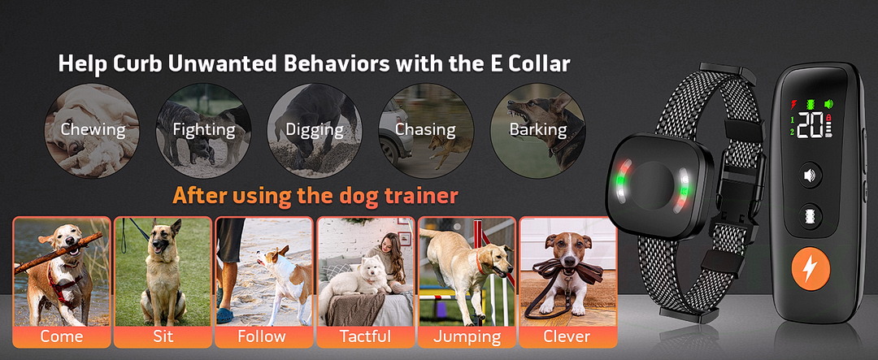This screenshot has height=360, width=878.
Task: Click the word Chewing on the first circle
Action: pos(93,130)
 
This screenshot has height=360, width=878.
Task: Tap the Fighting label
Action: pos(204,130)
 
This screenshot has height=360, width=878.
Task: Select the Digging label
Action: pos(314,130)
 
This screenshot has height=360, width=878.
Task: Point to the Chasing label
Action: pos(425,130)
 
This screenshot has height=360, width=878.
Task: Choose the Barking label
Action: pos(537,130)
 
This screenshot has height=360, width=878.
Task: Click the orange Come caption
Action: pos(62,336)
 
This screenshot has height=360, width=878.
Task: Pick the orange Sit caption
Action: pos(163,336)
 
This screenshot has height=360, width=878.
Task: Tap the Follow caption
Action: pos(262,336)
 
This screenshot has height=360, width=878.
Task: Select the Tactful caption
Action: pos(365,336)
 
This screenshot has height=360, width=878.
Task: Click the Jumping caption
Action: pos(467,337)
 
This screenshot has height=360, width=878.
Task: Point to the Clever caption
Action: pos(567,336)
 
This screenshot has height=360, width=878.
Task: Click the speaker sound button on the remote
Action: pos(810,176)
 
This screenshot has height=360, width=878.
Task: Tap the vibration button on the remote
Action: pos(810,215)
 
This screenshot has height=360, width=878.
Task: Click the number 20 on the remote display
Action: pos(811,125)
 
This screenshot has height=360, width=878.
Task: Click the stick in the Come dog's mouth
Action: pos(59,253)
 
